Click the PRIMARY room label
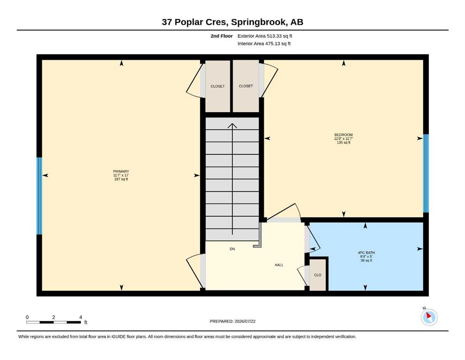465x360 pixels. pos(121,171)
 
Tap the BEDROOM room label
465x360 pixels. pos(343,135)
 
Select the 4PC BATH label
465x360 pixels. pos(366,253)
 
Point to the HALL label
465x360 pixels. pos(279,265)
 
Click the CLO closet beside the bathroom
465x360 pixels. pos(317,275)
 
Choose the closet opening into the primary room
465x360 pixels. pos(217,86)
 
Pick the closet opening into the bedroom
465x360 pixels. pos(246,86)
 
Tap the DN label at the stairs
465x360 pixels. pos(232,249)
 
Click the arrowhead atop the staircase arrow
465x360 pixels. pos(232,126)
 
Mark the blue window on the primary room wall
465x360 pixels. pos(39,196)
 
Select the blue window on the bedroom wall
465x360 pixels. pos(426,173)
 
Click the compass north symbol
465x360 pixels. pos(429,317)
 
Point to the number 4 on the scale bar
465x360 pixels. pos(81,317)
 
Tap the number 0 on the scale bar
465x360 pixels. pos(27,317)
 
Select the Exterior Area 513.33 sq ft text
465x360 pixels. pos(265,36)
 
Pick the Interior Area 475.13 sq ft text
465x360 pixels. pos(264,44)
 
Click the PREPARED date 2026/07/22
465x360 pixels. pos(245,321)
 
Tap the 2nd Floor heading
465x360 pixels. pos(221,36)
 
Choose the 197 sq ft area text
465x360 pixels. pos(121,179)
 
